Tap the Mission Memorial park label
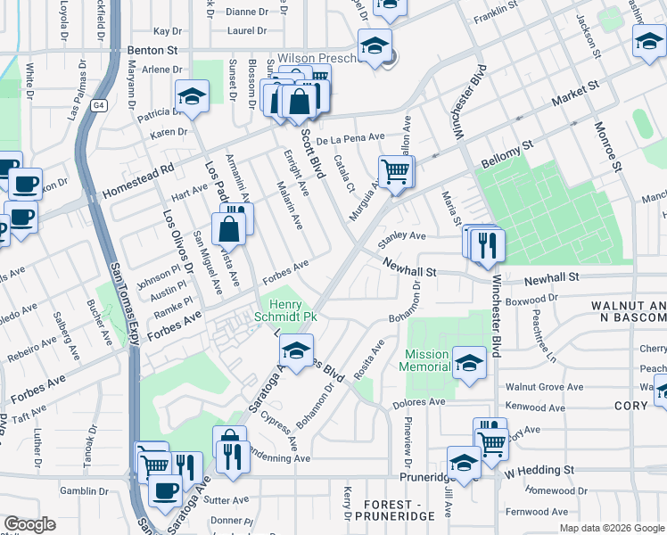tap(426, 360)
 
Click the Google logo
tap(29, 524)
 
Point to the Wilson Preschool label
tap(317, 57)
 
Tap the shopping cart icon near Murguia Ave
tap(396, 171)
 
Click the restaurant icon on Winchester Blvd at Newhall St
tap(487, 244)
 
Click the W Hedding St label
tap(540, 469)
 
